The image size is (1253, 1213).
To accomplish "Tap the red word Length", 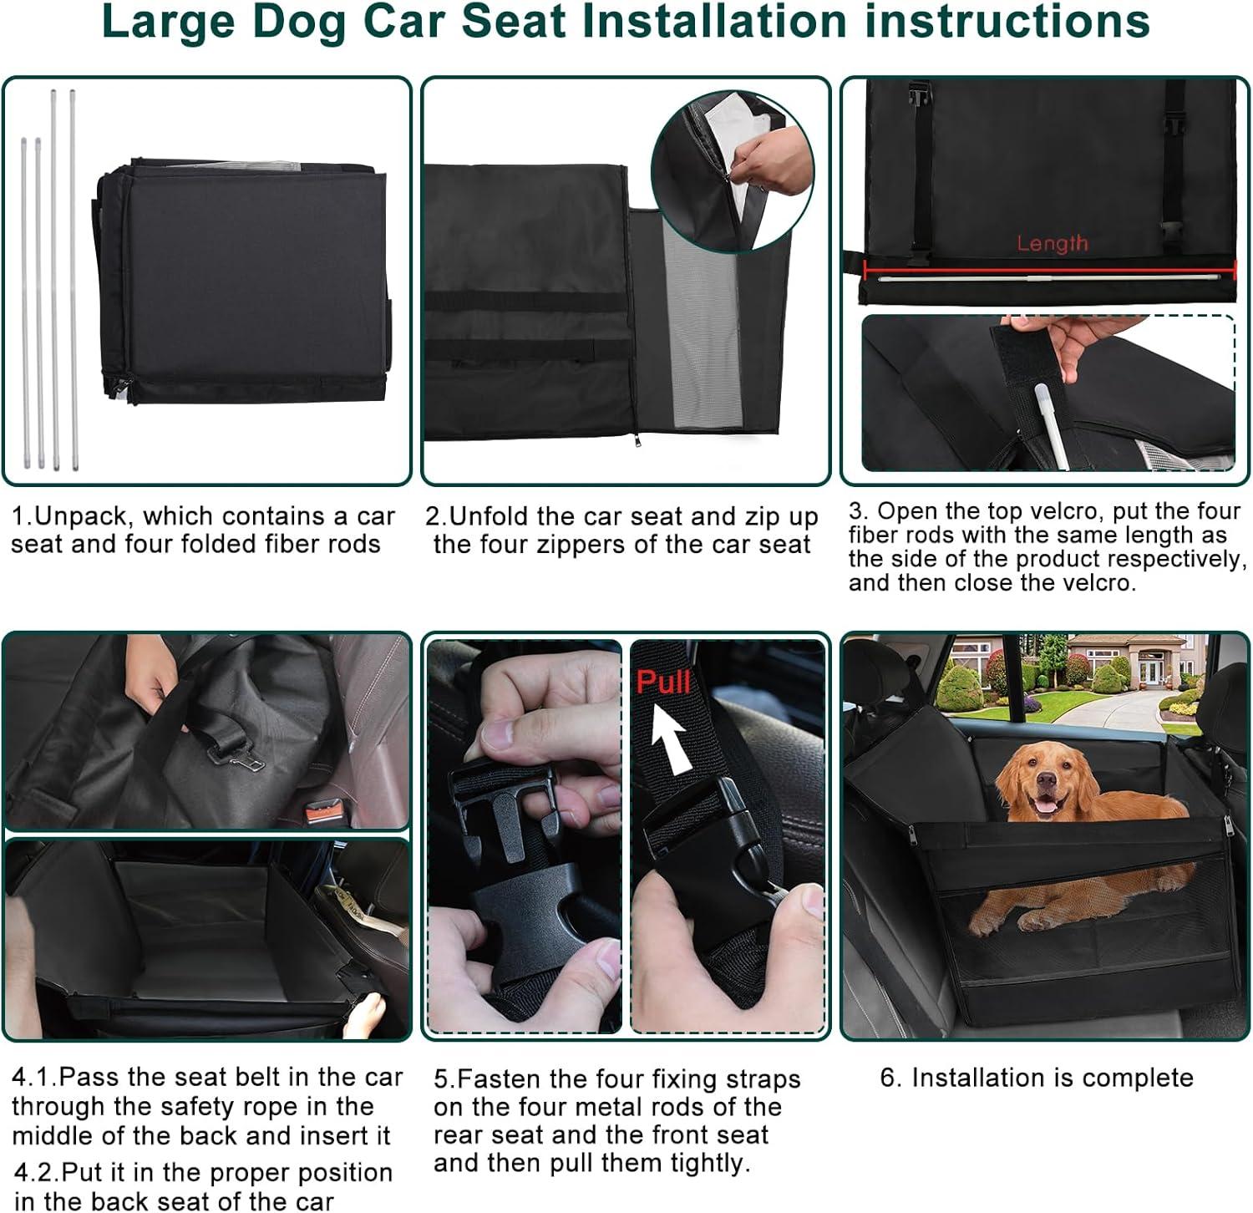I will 1052,244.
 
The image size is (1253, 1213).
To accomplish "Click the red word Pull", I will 662,682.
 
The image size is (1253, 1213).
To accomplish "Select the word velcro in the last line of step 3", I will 1093,582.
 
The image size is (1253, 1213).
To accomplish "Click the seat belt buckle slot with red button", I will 322,811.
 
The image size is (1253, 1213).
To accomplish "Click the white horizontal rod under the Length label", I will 1048,277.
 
